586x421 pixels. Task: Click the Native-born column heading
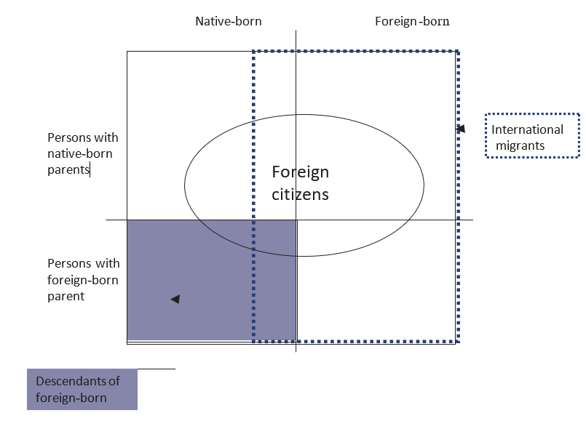[x=228, y=21]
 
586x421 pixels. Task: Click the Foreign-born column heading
[x=412, y=21]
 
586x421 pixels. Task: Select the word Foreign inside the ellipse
[x=300, y=172]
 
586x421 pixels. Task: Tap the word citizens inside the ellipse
[x=300, y=194]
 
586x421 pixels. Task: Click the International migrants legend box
[x=532, y=136]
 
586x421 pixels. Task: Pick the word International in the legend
[x=528, y=129]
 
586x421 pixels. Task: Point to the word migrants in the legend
[x=520, y=145]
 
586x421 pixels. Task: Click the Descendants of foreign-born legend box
[x=82, y=389]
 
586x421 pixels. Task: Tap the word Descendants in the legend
[x=78, y=381]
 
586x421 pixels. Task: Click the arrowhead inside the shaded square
[x=175, y=299]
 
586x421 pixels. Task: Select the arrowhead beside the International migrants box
[x=460, y=129]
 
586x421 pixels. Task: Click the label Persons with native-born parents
[x=82, y=153]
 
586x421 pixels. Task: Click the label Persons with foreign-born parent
[x=82, y=279]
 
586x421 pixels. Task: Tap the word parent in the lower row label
[x=66, y=297]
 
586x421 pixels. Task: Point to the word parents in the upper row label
[x=68, y=170]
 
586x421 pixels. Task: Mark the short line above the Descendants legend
[x=156, y=369]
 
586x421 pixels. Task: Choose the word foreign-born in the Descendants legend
[x=71, y=398]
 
